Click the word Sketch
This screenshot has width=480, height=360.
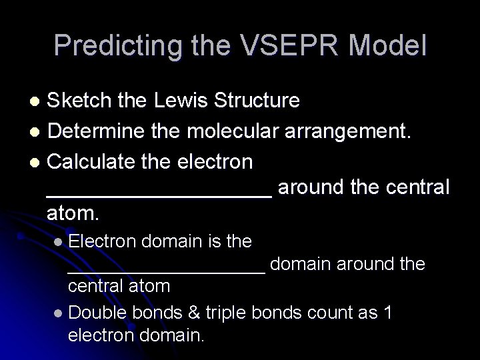(x=79, y=101)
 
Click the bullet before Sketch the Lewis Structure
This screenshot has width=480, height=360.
(x=38, y=101)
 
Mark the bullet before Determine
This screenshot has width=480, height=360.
(x=38, y=132)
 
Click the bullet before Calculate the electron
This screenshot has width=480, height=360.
(x=38, y=162)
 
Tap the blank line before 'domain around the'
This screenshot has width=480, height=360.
(x=167, y=271)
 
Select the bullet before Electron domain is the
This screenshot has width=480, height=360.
(x=60, y=242)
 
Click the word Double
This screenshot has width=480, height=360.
(x=98, y=313)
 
